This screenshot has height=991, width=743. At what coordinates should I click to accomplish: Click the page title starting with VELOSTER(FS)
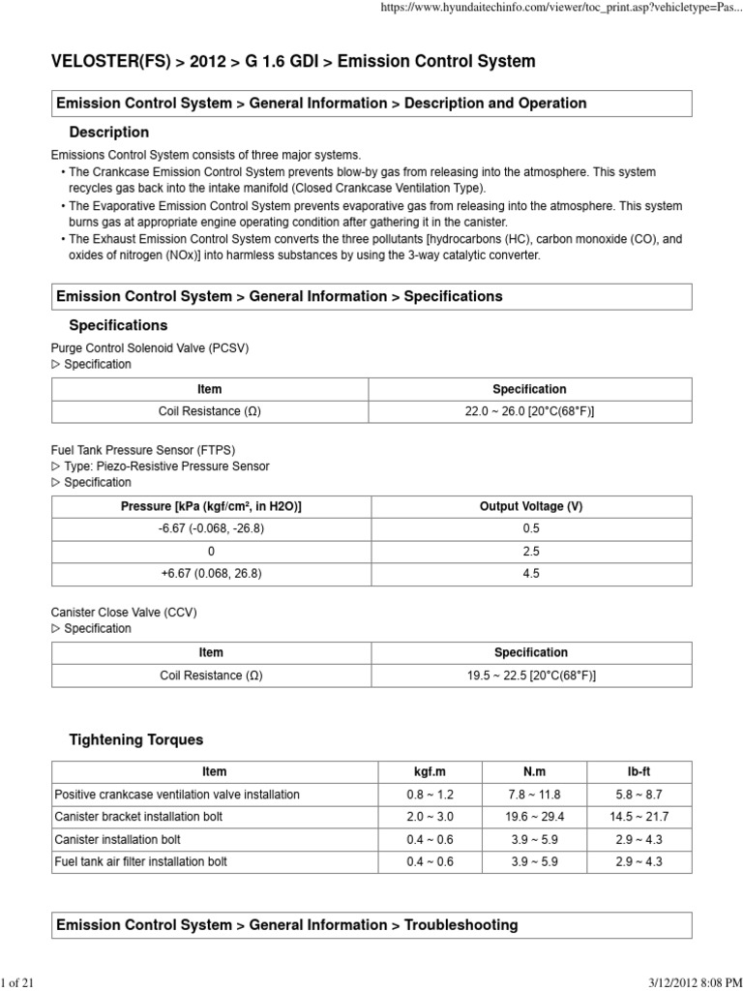click(292, 61)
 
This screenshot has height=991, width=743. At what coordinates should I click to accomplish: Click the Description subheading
click(109, 132)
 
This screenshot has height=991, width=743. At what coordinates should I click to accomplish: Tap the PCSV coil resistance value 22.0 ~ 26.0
click(529, 411)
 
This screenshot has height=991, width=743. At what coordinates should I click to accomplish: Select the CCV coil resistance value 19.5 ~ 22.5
click(530, 676)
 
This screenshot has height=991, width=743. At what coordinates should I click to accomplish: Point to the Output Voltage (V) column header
click(530, 506)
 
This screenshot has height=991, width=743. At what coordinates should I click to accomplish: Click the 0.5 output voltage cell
click(530, 528)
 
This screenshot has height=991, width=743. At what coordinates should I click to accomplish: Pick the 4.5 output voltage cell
click(530, 573)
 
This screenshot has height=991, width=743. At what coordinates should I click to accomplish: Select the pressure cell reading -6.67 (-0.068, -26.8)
click(211, 528)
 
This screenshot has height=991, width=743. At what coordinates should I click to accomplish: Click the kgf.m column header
click(430, 771)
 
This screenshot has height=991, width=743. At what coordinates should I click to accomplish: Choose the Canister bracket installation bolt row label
click(138, 816)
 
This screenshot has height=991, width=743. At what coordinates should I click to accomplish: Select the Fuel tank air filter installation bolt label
click(141, 860)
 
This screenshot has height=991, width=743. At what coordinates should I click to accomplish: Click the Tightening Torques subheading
click(136, 739)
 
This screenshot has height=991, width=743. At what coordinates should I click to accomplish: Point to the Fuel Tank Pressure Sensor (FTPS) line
click(143, 450)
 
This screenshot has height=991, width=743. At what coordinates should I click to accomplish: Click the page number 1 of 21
click(18, 983)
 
